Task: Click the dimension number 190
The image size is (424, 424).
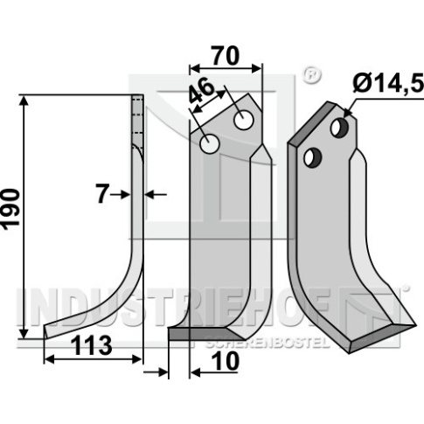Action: (x=11, y=209)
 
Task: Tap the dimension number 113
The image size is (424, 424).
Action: (x=92, y=345)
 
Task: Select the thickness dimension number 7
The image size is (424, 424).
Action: (x=101, y=194)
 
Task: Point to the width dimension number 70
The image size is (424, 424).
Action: (x=226, y=55)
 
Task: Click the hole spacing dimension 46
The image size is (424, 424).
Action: (x=202, y=91)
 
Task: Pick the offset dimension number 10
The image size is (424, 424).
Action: (x=225, y=362)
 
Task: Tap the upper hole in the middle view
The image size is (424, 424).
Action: (x=244, y=121)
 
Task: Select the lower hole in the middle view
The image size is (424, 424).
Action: (x=209, y=143)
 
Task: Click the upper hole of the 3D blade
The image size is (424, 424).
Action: (x=339, y=128)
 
